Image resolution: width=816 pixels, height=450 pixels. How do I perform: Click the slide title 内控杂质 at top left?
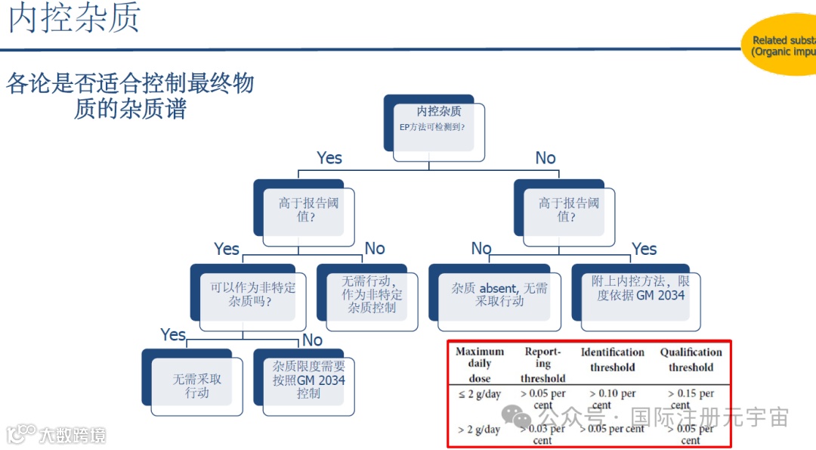pyautogui.click(x=74, y=19)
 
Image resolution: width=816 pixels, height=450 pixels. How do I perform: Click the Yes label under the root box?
pyautogui.click(x=329, y=158)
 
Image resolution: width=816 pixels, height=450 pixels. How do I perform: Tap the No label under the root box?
pyautogui.click(x=546, y=158)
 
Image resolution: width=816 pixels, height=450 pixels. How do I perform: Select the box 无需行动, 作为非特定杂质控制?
pyautogui.click(x=371, y=296)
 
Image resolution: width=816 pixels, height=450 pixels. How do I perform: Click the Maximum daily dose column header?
pyautogui.click(x=480, y=365)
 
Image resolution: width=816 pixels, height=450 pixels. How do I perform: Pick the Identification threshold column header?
pyautogui.click(x=612, y=359)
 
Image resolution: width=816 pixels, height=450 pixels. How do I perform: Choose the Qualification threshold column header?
pyautogui.click(x=691, y=359)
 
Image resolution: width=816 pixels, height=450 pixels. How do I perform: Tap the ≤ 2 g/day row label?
pyautogui.click(x=479, y=395)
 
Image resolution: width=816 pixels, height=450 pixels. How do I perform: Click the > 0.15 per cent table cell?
pyautogui.click(x=691, y=399)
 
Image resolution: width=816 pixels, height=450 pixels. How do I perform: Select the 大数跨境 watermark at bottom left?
pyautogui.click(x=57, y=435)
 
